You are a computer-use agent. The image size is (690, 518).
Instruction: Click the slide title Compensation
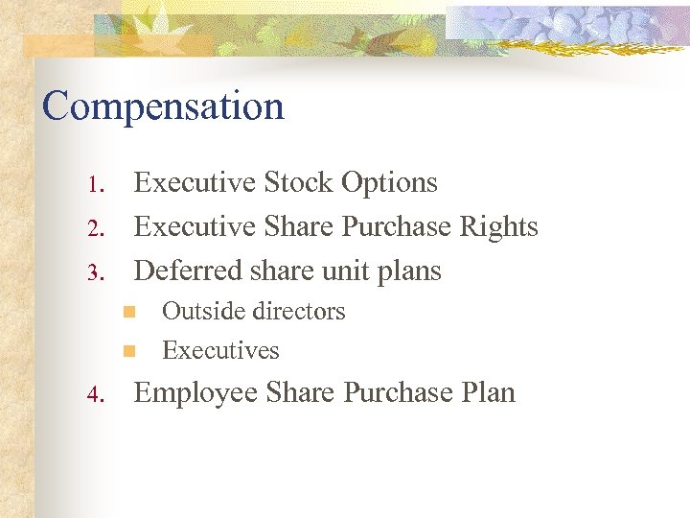click(x=163, y=106)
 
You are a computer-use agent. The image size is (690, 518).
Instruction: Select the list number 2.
click(x=94, y=228)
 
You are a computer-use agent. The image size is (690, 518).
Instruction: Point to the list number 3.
click(x=94, y=272)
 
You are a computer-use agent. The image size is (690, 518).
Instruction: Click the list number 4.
click(x=94, y=394)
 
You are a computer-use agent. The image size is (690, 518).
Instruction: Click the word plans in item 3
click(x=410, y=271)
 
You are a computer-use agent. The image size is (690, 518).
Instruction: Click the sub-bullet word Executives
click(x=220, y=350)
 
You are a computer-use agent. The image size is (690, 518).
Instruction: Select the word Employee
click(x=195, y=392)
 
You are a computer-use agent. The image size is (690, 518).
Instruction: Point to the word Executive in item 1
click(x=195, y=182)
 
